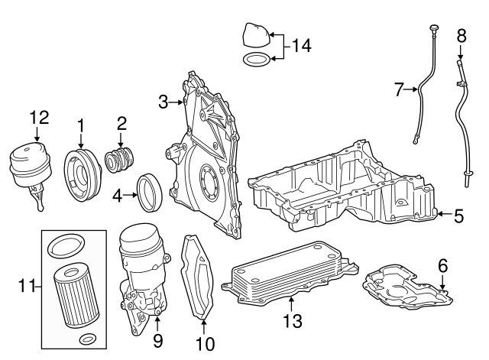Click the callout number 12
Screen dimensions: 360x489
point(39,118)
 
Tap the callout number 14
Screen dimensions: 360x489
point(302,47)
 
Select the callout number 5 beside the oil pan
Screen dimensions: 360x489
point(458,216)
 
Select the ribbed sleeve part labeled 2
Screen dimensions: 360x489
point(119,160)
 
